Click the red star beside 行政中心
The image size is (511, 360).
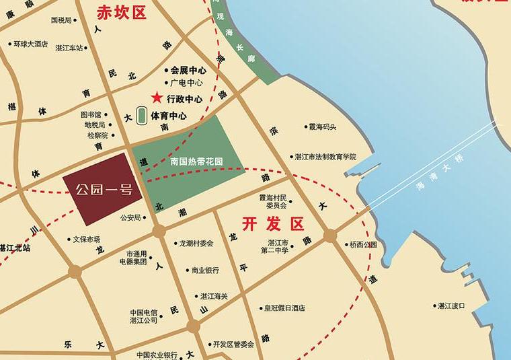click(157, 98)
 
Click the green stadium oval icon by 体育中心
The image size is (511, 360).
click(142, 115)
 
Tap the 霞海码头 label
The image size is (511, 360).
click(322, 127)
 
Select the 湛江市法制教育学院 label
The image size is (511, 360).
click(325, 156)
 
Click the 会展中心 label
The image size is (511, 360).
click(187, 69)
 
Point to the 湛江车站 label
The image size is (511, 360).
click(69, 48)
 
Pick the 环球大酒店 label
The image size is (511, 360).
click(31, 44)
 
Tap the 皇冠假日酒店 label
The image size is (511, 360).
click(284, 308)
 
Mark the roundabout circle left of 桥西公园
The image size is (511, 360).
click(330, 236)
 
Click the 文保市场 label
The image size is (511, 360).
click(86, 239)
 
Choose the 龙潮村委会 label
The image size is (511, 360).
click(197, 244)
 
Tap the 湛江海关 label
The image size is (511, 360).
click(214, 296)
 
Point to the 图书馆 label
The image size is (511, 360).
click(90, 115)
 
